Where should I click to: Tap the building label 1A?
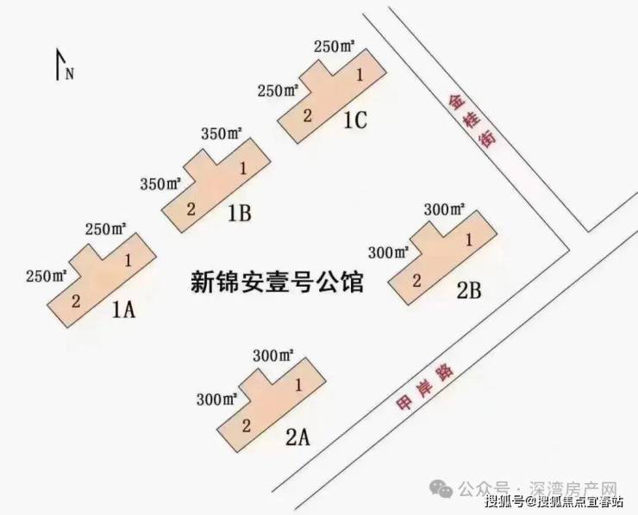tap(123, 311)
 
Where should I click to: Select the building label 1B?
tap(240, 214)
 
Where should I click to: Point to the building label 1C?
tap(355, 121)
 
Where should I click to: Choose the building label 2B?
tap(469, 290)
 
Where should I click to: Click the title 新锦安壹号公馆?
tap(277, 282)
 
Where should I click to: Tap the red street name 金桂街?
tap(472, 121)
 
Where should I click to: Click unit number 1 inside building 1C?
tap(360, 75)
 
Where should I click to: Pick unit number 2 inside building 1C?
tap(308, 116)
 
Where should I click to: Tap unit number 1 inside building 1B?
tap(243, 168)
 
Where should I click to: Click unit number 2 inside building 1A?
tap(76, 301)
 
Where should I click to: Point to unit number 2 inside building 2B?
tap(416, 281)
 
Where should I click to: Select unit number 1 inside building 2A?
tap(298, 385)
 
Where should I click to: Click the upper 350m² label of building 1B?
tap(222, 133)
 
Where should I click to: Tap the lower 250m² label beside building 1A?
tap(47, 276)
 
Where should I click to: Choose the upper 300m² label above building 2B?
tap(445, 209)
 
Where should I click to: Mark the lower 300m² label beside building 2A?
tap(217, 400)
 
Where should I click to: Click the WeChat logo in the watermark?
tap(442, 488)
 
